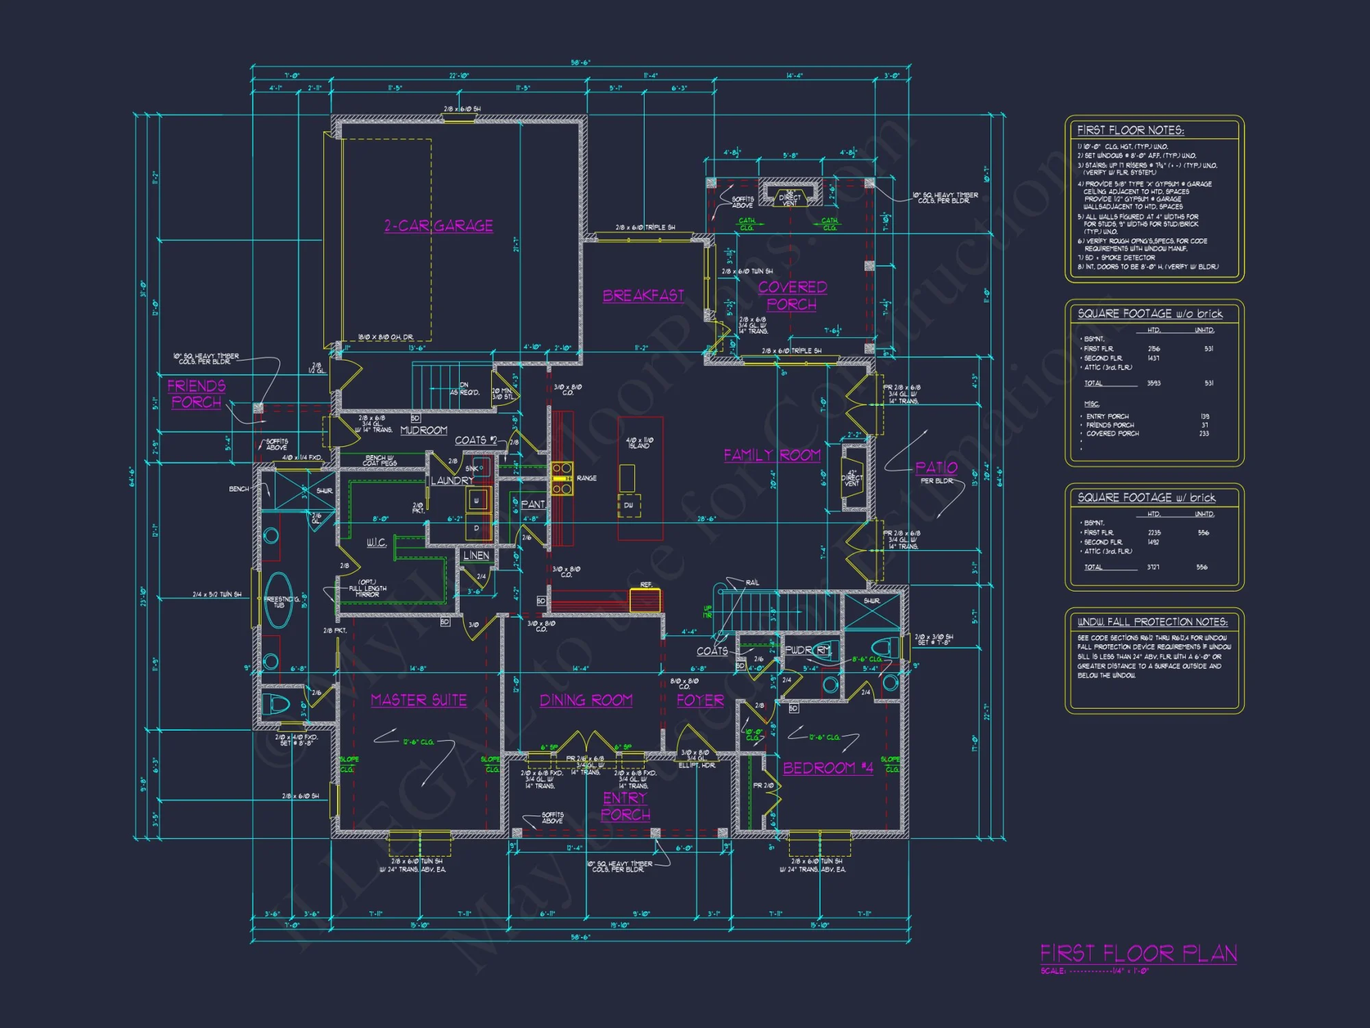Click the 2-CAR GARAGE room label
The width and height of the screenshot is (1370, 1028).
[x=438, y=225]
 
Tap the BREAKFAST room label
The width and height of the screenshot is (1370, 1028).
[x=643, y=295]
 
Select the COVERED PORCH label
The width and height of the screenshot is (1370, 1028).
[x=792, y=295]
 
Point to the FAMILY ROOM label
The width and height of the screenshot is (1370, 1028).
[x=772, y=455]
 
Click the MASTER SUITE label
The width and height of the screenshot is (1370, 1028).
[x=419, y=700]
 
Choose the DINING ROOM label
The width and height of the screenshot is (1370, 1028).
[x=586, y=700]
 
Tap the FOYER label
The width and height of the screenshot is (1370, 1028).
[x=700, y=700]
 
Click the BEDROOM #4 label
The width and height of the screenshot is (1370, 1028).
[x=828, y=768]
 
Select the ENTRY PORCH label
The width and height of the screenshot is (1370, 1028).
[x=625, y=806]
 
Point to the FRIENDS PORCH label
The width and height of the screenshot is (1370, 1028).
[x=197, y=394]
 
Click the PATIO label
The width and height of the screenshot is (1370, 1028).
[x=936, y=467]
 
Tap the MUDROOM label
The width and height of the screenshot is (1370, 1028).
[x=423, y=430]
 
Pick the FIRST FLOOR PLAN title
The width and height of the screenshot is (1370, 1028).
[x=1138, y=953]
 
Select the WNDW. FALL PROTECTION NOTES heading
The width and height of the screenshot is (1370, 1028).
[x=1152, y=622]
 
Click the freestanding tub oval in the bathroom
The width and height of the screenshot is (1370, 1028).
[x=278, y=601]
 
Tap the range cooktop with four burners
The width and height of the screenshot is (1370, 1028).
[x=562, y=478]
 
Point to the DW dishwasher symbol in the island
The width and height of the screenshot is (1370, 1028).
[x=628, y=505]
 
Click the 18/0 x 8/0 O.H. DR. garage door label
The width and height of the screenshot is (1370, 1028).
[x=385, y=337]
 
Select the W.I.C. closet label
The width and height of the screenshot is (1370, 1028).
[x=377, y=543]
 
